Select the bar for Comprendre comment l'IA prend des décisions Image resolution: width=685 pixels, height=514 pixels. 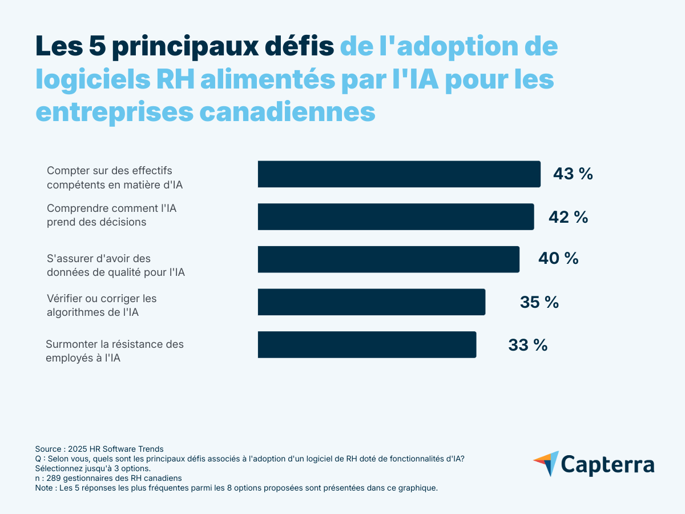(x=396, y=216)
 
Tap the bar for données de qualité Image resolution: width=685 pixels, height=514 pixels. (x=388, y=259)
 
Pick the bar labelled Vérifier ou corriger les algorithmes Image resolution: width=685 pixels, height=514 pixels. (x=371, y=302)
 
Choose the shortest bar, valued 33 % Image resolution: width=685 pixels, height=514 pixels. (x=366, y=344)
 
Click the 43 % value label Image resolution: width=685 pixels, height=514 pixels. (x=573, y=174)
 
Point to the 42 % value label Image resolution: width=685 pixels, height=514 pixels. (x=568, y=217)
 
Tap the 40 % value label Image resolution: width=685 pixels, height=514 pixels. (x=558, y=259)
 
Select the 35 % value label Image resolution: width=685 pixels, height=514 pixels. (x=539, y=302)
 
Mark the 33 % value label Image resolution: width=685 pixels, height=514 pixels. (x=527, y=345)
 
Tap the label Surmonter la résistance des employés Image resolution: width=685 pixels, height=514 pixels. (x=114, y=351)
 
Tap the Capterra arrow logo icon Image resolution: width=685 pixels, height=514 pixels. (x=546, y=463)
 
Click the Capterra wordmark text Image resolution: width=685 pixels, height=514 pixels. (x=607, y=464)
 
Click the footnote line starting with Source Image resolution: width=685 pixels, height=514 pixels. (x=99, y=449)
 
